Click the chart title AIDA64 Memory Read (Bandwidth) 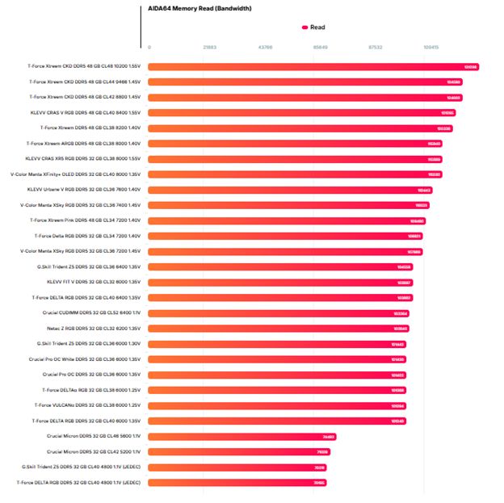(x=199, y=8)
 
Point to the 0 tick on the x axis (x=149, y=48)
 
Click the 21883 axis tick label (x=209, y=48)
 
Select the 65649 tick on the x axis (x=320, y=48)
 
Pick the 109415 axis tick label (x=430, y=48)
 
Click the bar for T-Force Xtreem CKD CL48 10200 (x=313, y=66)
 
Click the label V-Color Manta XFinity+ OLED (x=76, y=174)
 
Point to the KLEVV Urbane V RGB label (x=84, y=189)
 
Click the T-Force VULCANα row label (x=88, y=404)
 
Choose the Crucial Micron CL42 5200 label (x=94, y=451)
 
